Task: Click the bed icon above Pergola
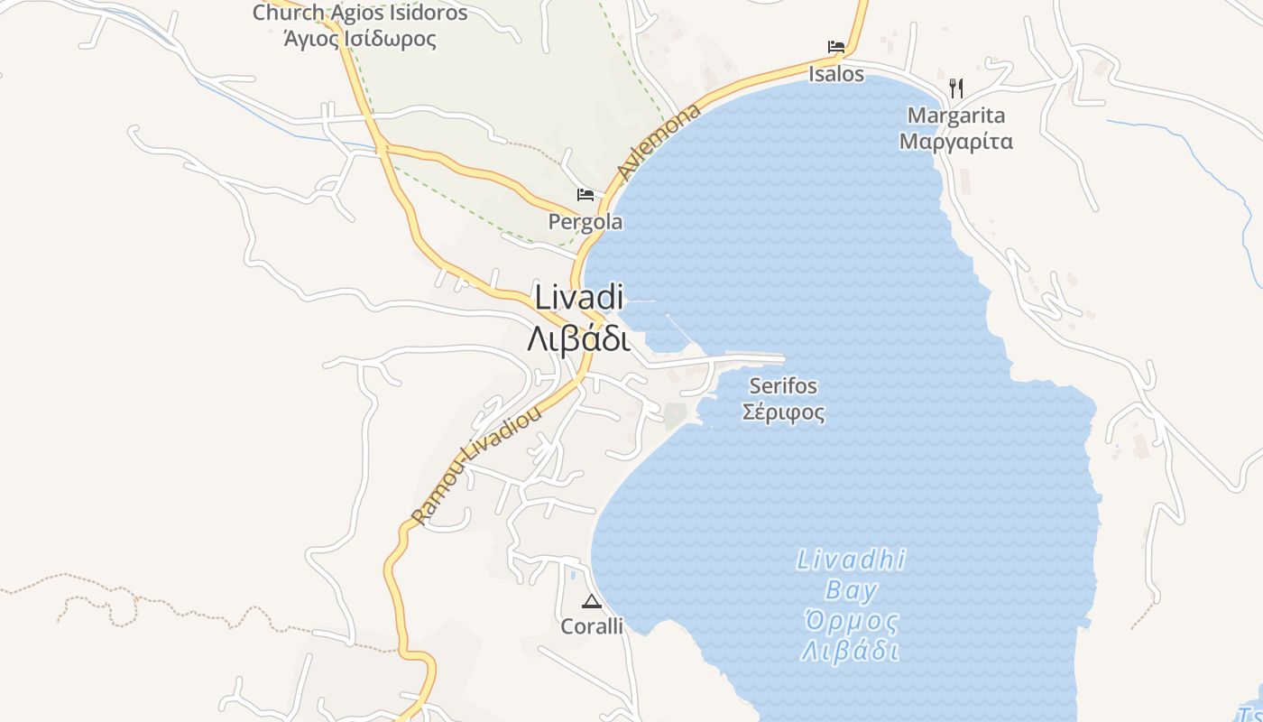click(x=585, y=195)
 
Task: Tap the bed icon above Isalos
click(x=836, y=47)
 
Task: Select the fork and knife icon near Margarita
click(x=956, y=88)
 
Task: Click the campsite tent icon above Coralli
click(x=592, y=602)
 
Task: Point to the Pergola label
click(x=585, y=222)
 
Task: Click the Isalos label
click(x=836, y=74)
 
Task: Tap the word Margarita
click(x=956, y=116)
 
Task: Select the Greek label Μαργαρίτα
click(x=956, y=142)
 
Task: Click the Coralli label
click(x=592, y=626)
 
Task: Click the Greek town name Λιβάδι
click(x=579, y=339)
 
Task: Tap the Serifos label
click(x=783, y=386)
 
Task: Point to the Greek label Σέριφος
click(x=783, y=412)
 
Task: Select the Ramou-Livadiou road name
click(x=476, y=465)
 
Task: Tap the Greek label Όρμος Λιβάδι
click(x=851, y=636)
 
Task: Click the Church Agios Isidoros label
click(x=360, y=13)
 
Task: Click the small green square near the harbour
click(x=675, y=416)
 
